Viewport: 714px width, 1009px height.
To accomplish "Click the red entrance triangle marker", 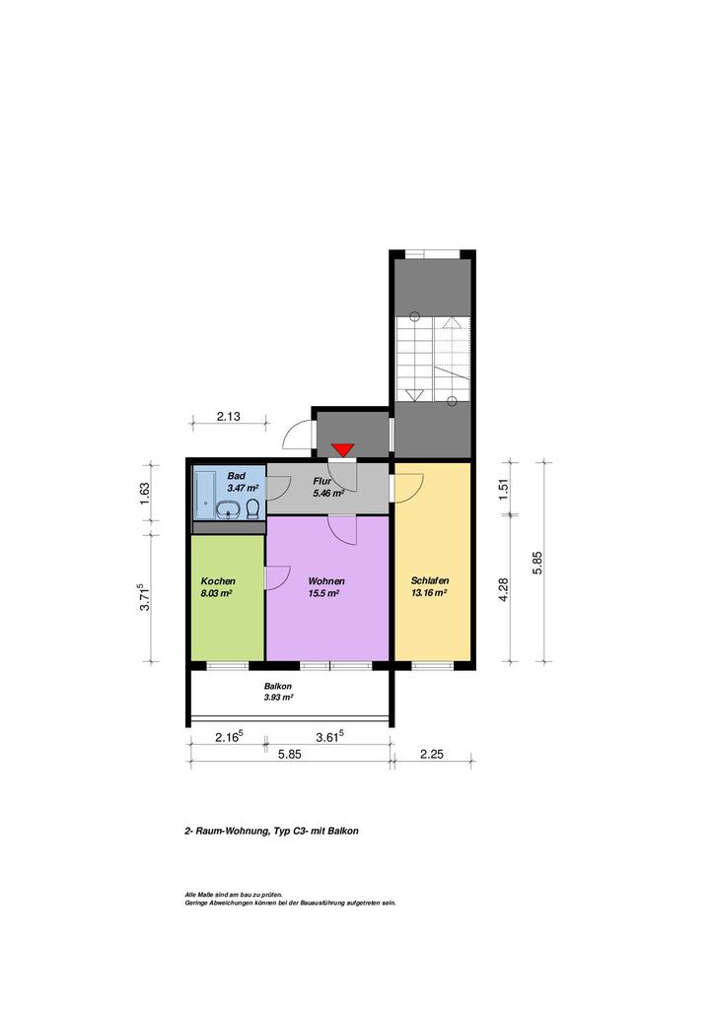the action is (342, 449).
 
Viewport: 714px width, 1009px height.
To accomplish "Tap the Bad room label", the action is (237, 476).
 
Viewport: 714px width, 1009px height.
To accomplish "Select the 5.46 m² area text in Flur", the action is (328, 494).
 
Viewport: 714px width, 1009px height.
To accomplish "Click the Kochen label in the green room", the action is (218, 581).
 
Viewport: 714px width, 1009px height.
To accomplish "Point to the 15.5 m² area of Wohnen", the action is (323, 594).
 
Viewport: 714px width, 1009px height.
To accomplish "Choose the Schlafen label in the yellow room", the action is (430, 581).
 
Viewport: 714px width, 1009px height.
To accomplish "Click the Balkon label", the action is (277, 687).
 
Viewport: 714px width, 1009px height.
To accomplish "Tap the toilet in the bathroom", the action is (253, 508).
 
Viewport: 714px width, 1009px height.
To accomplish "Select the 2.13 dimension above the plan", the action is (229, 417).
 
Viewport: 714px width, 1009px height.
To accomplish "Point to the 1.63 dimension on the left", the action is (145, 494).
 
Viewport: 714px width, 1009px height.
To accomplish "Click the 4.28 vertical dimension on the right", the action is (504, 589).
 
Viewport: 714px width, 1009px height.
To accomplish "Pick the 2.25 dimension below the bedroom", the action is (431, 754).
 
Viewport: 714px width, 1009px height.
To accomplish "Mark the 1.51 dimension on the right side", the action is (504, 489).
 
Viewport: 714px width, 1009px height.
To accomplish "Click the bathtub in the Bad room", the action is (205, 494).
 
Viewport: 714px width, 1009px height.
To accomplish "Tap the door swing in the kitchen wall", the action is (278, 577).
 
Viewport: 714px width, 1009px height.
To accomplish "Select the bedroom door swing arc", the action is (409, 489).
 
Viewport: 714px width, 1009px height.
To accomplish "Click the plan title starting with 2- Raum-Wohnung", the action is (271, 831).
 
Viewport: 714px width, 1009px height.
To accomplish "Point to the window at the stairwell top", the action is (432, 253).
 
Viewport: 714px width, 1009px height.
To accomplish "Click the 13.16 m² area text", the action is (429, 594).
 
